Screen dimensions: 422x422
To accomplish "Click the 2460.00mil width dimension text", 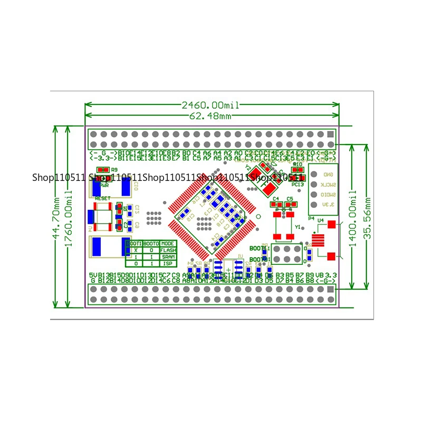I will [210, 105].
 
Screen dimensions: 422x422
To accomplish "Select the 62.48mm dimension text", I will [210, 116].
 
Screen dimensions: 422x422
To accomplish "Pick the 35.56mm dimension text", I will [368, 216].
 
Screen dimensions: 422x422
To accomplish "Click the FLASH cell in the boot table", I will [168, 250].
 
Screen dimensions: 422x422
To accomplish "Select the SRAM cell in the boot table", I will [168, 256].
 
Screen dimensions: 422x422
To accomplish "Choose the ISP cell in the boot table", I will [168, 263].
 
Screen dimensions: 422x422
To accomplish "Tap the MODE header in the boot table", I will [168, 244].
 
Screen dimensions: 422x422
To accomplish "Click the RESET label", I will [103, 198].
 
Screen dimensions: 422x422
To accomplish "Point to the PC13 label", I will [298, 185].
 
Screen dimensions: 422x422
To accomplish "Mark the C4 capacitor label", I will [275, 199].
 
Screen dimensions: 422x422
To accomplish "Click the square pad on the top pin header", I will [331, 135].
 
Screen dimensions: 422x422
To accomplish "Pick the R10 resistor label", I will [298, 165].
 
